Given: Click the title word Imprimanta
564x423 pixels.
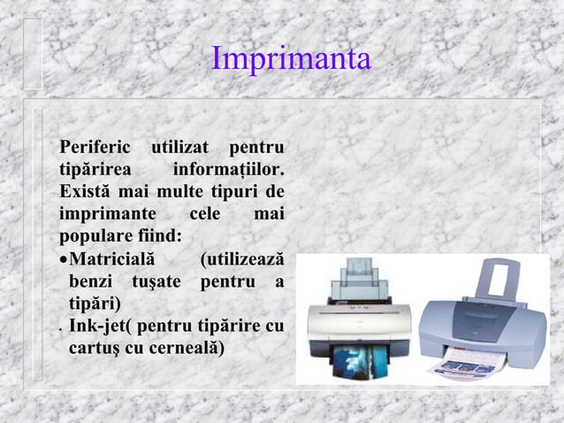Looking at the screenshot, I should point(292,59).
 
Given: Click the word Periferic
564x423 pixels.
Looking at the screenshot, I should point(93,145).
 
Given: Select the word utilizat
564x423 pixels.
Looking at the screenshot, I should point(180,145).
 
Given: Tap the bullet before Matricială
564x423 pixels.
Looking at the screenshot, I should point(63,261).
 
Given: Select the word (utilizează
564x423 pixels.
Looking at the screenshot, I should point(241,260).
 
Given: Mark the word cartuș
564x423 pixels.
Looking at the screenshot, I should point(94,350).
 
